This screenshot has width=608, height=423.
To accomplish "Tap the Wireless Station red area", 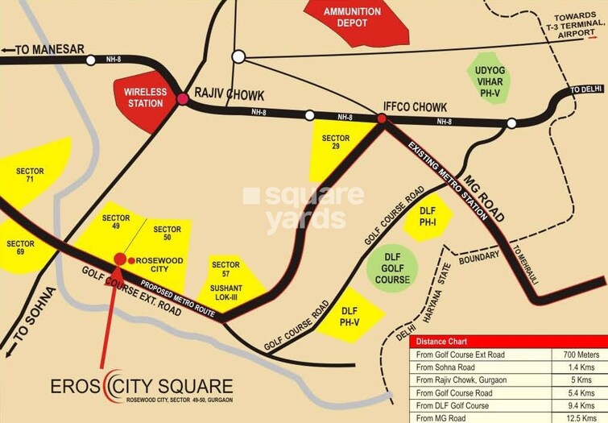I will (145, 97).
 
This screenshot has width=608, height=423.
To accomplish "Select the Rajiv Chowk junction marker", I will (183, 97).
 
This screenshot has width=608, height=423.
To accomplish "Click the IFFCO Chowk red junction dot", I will (382, 120).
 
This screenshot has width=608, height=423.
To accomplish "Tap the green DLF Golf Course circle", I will (393, 268).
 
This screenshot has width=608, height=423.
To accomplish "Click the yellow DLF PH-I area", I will (428, 218).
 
